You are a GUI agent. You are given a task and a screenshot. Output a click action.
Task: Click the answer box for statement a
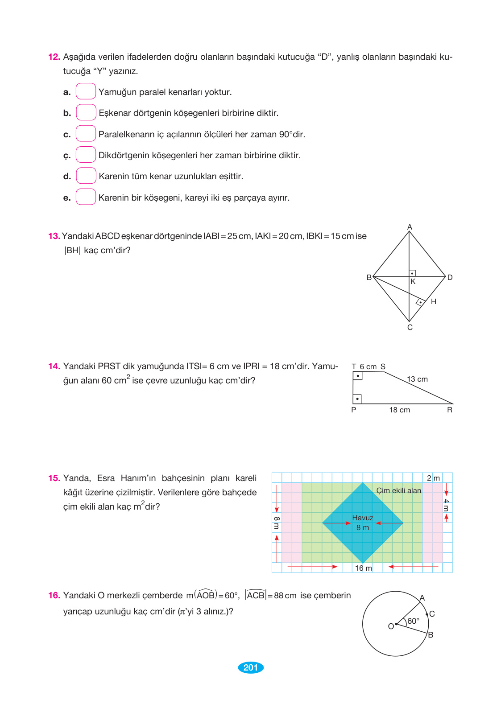86,91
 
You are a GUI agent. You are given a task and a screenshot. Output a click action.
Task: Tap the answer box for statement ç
86,155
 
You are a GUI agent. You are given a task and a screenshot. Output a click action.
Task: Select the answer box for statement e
86,197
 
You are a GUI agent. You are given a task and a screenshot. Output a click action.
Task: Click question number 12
54,57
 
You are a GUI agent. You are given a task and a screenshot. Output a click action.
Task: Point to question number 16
54,596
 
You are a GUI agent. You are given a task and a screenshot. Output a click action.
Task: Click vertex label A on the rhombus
410,227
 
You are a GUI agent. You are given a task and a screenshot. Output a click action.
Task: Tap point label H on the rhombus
433,302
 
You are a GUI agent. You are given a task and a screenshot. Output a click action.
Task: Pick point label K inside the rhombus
413,282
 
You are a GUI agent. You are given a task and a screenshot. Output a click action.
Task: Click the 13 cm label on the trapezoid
417,379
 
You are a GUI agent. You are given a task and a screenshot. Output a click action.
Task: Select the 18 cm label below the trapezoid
399,410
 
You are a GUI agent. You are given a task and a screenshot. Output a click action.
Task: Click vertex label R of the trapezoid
450,410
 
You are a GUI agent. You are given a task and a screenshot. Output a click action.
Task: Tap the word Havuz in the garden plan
362,518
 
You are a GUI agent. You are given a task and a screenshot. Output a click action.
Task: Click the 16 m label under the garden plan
363,568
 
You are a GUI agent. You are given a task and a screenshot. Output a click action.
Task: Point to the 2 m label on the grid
433,478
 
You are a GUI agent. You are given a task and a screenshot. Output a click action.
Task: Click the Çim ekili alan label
398,491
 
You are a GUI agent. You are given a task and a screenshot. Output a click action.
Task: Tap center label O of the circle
391,626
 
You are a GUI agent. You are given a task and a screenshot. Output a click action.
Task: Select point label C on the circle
432,614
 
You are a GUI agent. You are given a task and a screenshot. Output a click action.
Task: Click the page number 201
251,667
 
